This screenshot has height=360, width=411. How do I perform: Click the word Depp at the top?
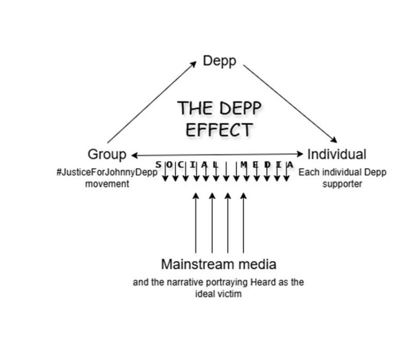(x=219, y=61)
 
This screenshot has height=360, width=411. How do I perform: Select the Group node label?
(x=107, y=155)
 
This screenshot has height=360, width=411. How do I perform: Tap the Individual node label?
(x=337, y=155)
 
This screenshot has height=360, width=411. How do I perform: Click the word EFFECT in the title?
(x=219, y=130)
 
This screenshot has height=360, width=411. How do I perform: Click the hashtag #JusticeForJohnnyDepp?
(x=107, y=173)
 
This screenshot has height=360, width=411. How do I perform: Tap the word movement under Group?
(x=107, y=183)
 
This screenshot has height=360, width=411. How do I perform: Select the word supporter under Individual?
(x=342, y=183)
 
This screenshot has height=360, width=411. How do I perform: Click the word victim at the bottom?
(x=231, y=294)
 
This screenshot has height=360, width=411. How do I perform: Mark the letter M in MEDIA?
(x=244, y=164)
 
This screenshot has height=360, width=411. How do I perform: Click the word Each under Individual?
(x=308, y=173)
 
